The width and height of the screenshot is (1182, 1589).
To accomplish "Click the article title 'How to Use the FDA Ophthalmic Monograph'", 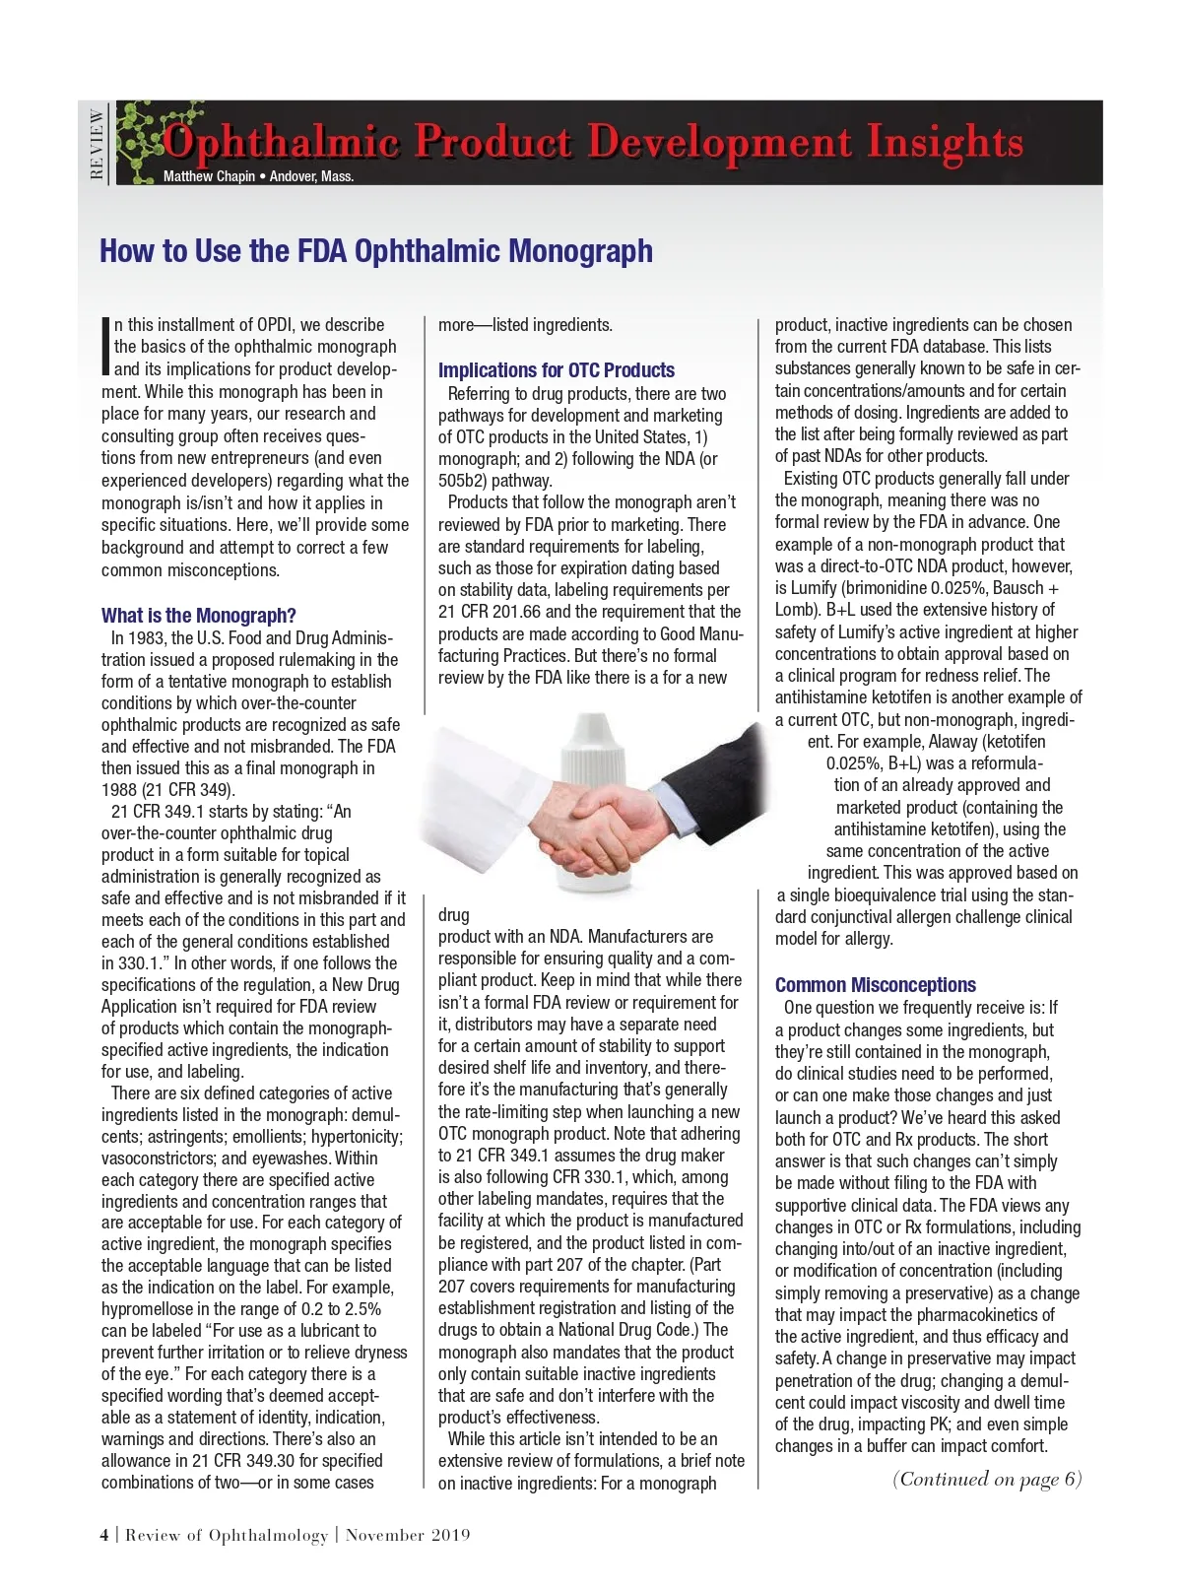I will [x=375, y=251].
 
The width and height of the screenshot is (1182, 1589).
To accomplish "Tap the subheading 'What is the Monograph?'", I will [x=198, y=616].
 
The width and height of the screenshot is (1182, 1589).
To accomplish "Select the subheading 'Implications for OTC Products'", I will [x=556, y=370].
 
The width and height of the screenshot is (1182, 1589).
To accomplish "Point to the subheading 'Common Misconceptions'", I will [x=875, y=985].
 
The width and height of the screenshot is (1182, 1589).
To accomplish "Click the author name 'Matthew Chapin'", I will [x=209, y=177].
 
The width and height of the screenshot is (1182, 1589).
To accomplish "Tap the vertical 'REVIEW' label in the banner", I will [x=96, y=144].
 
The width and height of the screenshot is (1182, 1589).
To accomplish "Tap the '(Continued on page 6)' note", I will [x=986, y=1479].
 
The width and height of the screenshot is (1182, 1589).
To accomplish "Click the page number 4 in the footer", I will [x=104, y=1535].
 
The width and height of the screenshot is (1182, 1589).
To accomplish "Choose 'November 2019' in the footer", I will [x=408, y=1535].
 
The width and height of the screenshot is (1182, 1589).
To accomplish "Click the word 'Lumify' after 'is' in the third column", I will [x=814, y=588].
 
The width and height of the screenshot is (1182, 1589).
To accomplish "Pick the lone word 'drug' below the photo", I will [x=454, y=915].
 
